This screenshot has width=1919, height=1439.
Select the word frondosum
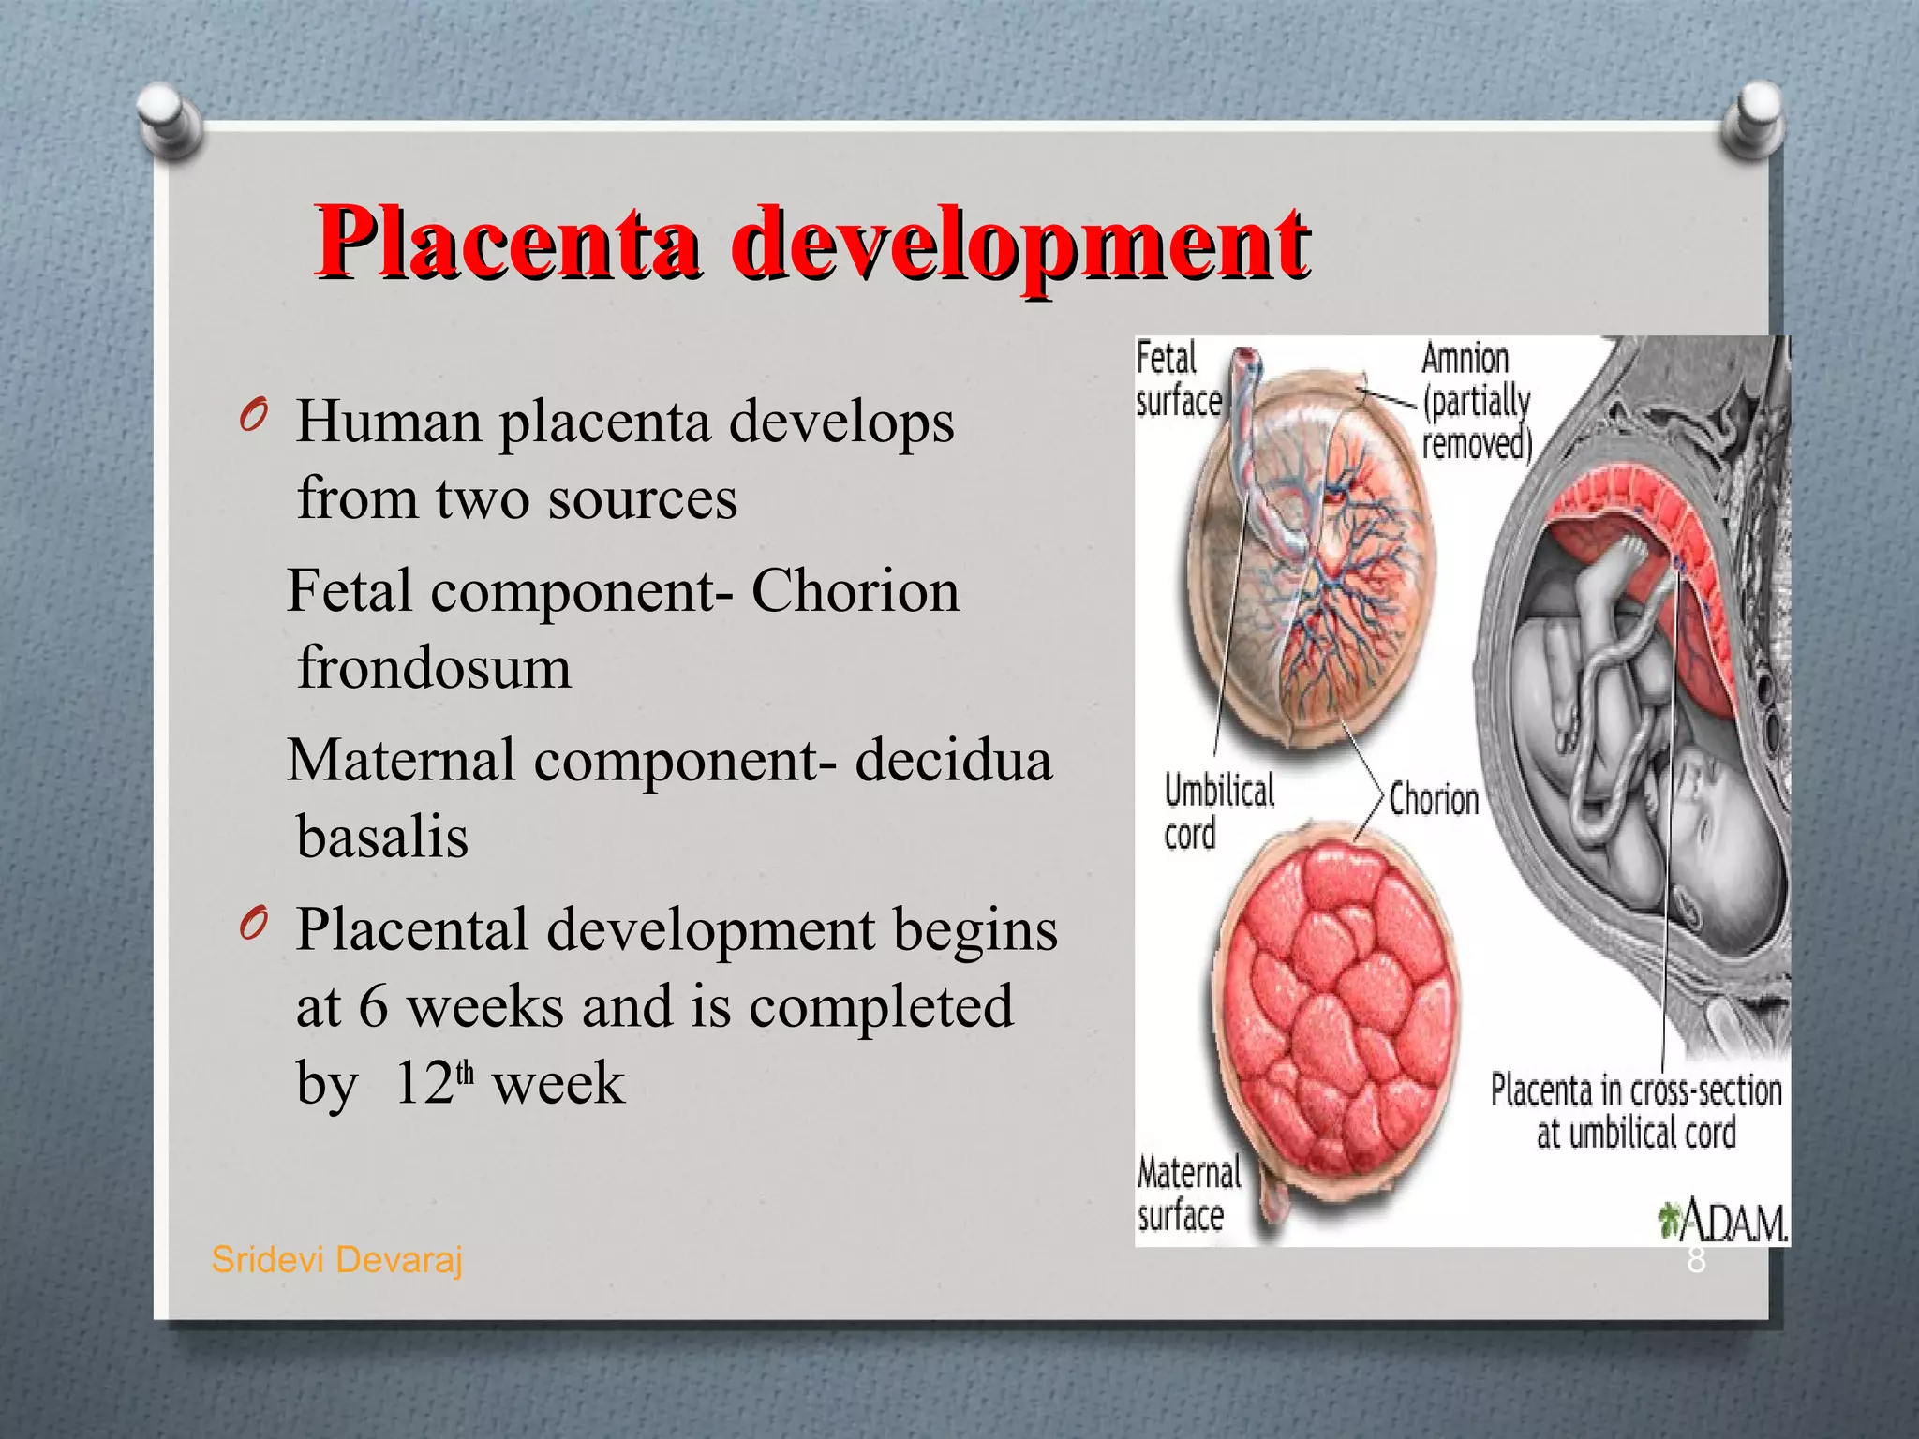coord(434,667)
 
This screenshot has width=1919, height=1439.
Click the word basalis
coord(382,836)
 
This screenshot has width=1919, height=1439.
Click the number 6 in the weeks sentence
coord(373,1006)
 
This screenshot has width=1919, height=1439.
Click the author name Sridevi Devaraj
coord(336,1260)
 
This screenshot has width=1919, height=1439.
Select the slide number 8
coord(1696,1261)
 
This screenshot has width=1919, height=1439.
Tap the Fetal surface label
coord(1179,379)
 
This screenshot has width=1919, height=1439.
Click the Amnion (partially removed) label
coord(1476,401)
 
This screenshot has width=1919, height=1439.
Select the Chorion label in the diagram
coord(1434,800)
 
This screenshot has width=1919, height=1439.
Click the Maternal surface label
coord(1186,1194)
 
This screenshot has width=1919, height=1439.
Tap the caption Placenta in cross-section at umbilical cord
coord(1635,1111)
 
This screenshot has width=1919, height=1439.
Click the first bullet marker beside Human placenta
coord(252,416)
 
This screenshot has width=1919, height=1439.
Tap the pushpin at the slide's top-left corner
coord(170,116)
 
